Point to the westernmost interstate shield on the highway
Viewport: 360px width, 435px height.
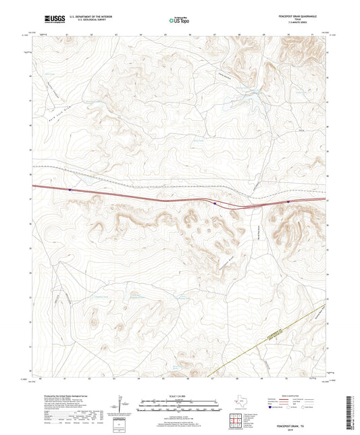[70, 190]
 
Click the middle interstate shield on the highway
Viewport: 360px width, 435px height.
[214, 202]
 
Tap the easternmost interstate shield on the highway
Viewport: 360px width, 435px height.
[288, 201]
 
